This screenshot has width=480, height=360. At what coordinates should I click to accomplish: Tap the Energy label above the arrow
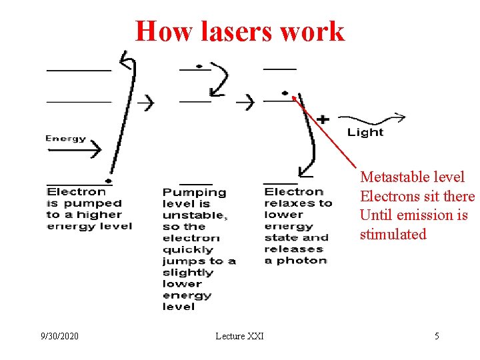pyautogui.click(x=65, y=139)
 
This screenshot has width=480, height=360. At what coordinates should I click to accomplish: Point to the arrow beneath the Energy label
pyautogui.click(x=74, y=150)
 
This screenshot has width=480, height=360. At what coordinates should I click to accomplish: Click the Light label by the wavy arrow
pyautogui.click(x=365, y=132)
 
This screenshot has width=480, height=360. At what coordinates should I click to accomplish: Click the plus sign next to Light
pyautogui.click(x=323, y=120)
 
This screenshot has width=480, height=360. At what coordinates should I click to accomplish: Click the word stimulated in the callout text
pyautogui.click(x=393, y=234)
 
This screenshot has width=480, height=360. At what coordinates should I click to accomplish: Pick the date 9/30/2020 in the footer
pyautogui.click(x=58, y=336)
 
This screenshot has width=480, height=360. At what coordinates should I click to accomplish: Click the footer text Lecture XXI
pyautogui.click(x=239, y=336)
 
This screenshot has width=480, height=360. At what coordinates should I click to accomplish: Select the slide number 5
pyautogui.click(x=437, y=336)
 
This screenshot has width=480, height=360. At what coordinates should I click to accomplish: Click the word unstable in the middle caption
pyautogui.click(x=194, y=215)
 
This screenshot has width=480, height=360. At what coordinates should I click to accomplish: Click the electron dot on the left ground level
pyautogui.click(x=108, y=181)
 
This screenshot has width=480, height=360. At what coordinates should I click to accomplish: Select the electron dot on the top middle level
pyautogui.click(x=199, y=67)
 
